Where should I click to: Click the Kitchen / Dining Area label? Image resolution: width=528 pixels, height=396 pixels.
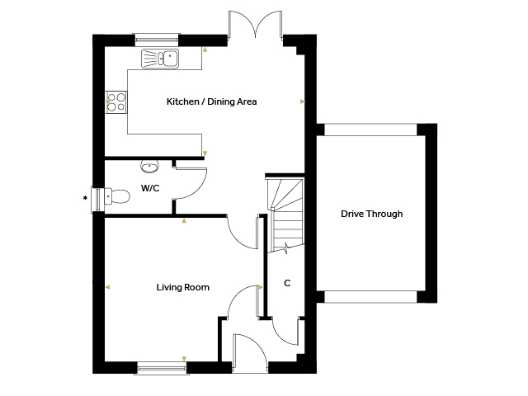tap(211, 101)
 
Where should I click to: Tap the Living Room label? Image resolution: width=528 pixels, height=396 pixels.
tap(183, 287)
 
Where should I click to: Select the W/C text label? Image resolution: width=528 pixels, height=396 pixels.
tap(150, 188)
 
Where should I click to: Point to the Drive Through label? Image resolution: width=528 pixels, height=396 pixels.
tap(372, 214)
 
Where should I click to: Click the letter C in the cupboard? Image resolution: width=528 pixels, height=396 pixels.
tap(287, 283)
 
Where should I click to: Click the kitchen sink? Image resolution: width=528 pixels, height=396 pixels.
tap(160, 59)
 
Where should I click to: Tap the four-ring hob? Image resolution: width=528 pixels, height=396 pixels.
tap(116, 102)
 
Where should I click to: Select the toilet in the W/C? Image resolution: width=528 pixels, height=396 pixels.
tap(116, 196)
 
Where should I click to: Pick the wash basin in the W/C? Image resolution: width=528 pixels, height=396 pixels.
tap(149, 166)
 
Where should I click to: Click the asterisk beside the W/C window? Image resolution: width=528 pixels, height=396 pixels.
tap(85, 198)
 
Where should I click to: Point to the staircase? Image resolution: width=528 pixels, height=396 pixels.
tap(285, 215)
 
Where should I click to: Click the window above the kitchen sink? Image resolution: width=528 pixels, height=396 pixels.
tap(156, 39)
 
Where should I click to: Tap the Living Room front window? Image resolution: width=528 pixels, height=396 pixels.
tap(162, 369)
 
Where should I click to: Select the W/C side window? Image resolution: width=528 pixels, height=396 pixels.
tap(97, 200)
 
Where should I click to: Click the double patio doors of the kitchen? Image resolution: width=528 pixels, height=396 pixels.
tap(255, 24)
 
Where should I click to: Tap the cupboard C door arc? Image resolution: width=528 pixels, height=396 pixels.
tap(280, 337)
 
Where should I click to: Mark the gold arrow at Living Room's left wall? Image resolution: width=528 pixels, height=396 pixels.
tap(107, 287)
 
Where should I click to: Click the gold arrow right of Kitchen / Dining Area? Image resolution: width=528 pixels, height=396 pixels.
tap(303, 101)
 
